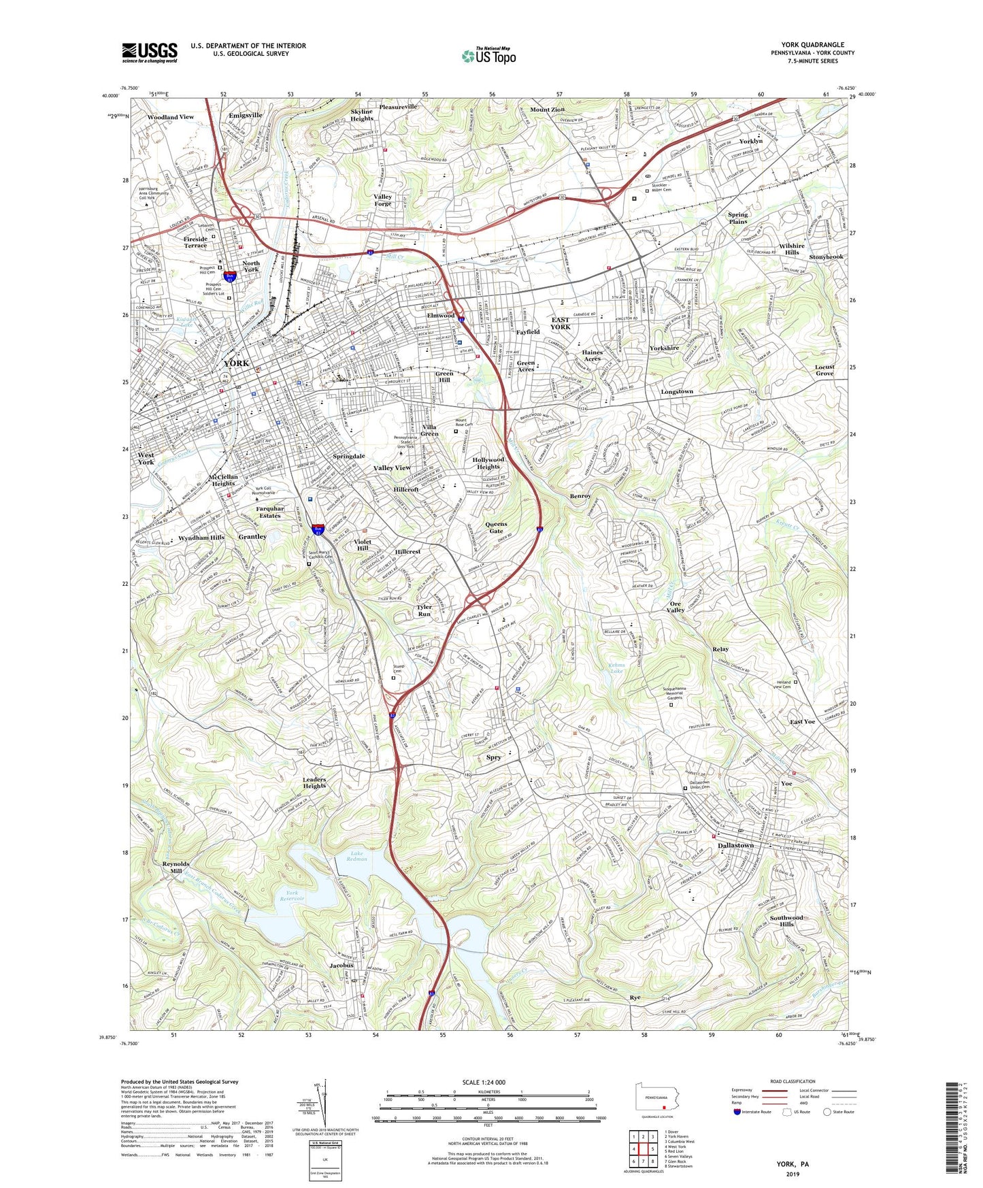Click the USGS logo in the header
pos(150,52)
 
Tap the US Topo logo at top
pos(488,56)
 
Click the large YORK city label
pos(236,363)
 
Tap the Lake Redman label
pos(356,855)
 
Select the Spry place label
pos(493,757)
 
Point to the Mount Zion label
pos(547,110)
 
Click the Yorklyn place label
pos(750,142)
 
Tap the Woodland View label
pos(171,117)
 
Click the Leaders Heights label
pos(314,782)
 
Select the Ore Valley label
pos(676,607)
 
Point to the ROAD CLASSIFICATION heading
pos(793,1081)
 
